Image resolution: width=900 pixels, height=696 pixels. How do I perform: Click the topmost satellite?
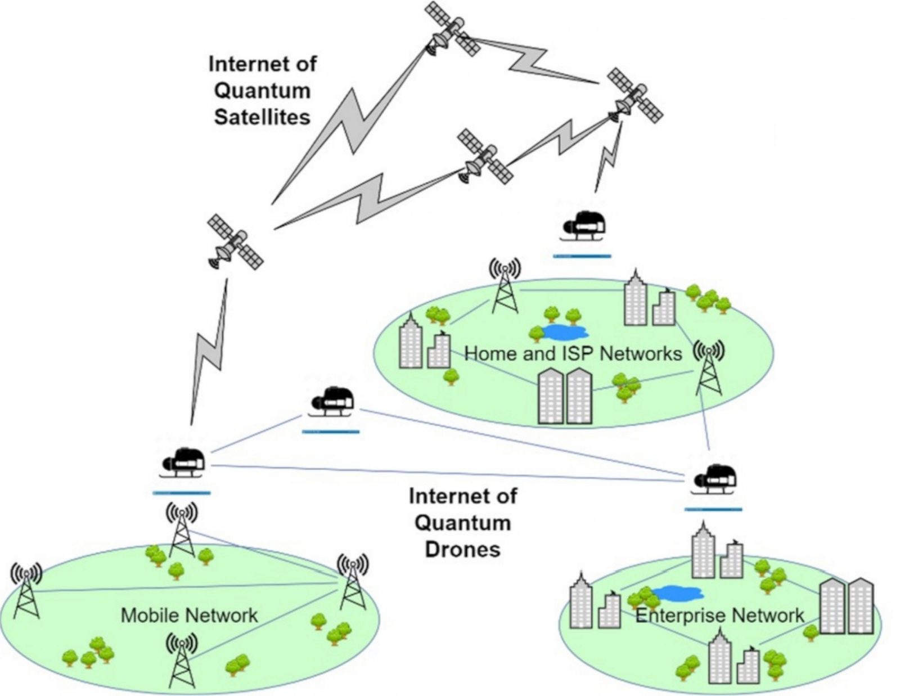click(452, 29)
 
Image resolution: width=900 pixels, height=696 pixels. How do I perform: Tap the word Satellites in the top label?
click(262, 117)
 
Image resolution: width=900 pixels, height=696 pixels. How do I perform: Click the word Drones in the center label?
click(462, 549)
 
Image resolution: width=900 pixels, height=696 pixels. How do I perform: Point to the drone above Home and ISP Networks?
click(583, 226)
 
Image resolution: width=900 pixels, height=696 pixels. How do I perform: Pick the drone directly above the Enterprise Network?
click(713, 479)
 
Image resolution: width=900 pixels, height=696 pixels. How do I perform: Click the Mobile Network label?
click(189, 615)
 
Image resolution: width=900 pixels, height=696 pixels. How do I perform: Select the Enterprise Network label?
click(719, 615)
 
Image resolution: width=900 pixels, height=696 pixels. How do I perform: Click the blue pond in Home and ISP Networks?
click(560, 331)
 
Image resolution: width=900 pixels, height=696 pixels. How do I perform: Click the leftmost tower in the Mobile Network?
click(26, 590)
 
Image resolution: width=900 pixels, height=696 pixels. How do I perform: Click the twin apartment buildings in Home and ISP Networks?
click(565, 396)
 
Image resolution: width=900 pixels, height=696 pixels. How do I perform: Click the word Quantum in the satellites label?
click(262, 91)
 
